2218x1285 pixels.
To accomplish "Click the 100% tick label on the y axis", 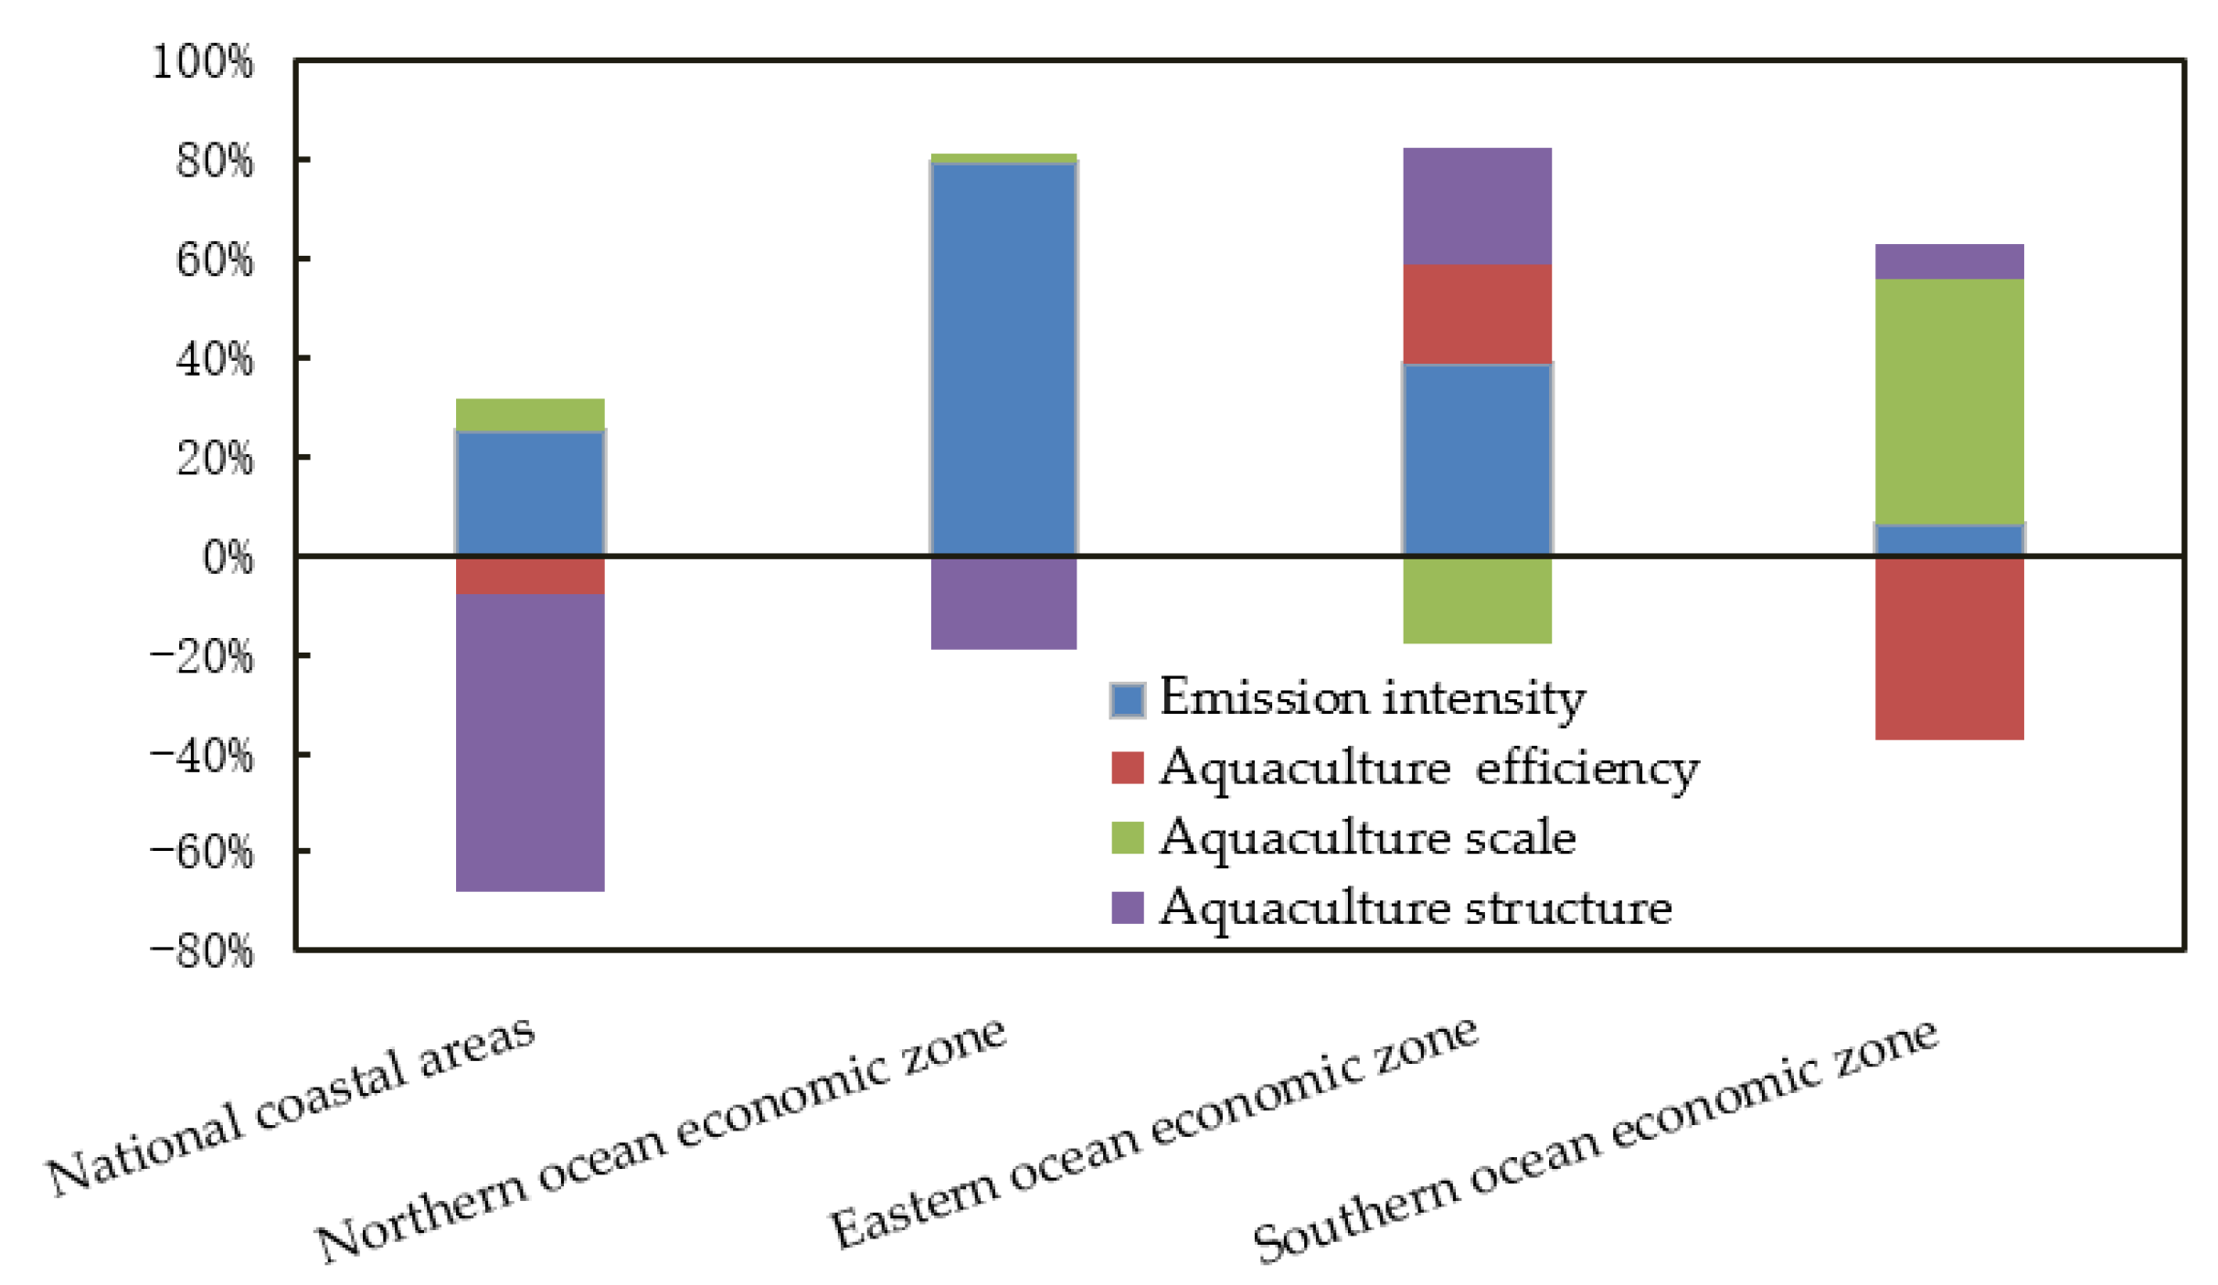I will [201, 64].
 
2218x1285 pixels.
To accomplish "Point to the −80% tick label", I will [201, 951].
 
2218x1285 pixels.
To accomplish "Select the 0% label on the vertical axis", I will [227, 558].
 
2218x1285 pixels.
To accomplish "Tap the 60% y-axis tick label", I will [214, 260].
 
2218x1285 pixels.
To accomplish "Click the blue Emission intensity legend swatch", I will [1127, 700].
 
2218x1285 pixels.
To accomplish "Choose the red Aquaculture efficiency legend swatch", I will [1127, 768].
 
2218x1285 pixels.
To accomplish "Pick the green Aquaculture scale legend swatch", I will [1127, 837].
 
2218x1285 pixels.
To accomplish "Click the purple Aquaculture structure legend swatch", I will [1127, 908].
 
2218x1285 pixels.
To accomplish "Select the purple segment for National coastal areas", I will [530, 741].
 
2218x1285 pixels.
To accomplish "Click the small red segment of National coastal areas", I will [530, 575].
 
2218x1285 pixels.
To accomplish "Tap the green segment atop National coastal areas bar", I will [530, 414].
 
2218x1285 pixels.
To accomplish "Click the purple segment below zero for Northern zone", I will [1003, 602].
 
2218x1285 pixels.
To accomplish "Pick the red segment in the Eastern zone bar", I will [1477, 313].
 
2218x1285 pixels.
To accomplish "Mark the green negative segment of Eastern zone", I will [1477, 600].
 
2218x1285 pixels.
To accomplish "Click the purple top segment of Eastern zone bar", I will [1477, 206].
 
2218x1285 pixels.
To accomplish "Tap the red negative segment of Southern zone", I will [1949, 647].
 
